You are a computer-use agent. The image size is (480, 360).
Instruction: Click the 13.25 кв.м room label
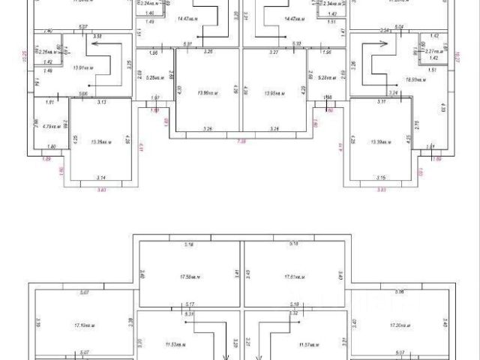pos(100,141)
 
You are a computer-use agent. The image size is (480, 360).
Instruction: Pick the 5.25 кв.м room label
pos(154,77)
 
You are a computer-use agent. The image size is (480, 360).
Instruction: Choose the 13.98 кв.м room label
pos(275,93)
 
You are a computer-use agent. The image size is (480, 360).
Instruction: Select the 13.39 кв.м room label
pos(383,141)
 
